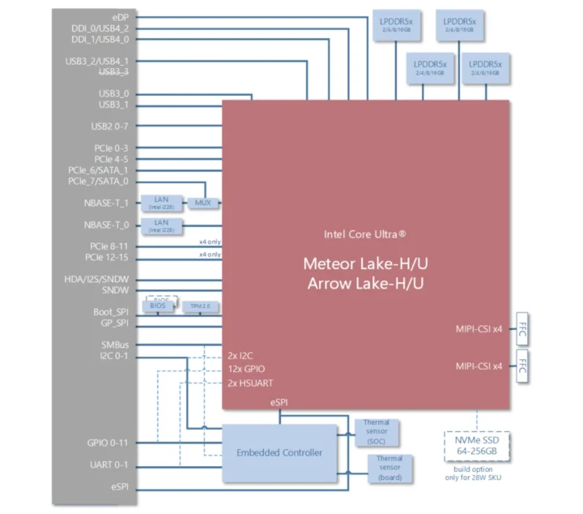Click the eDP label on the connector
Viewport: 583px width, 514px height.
121,16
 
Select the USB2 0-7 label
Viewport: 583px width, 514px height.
109,126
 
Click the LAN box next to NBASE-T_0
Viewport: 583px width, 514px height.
161,225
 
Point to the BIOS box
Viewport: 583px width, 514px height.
158,306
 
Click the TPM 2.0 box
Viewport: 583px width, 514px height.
194,306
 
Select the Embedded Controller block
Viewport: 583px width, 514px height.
279,452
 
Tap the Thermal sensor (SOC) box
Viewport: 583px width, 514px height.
376,433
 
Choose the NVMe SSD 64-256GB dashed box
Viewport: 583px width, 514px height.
477,445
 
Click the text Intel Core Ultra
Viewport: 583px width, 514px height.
365,233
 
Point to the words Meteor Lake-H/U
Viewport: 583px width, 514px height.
365,263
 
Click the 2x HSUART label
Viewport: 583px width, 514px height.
252,382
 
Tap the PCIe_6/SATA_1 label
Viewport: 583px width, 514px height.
98,170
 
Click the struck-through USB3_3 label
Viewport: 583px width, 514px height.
113,71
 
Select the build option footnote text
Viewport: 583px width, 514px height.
477,473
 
